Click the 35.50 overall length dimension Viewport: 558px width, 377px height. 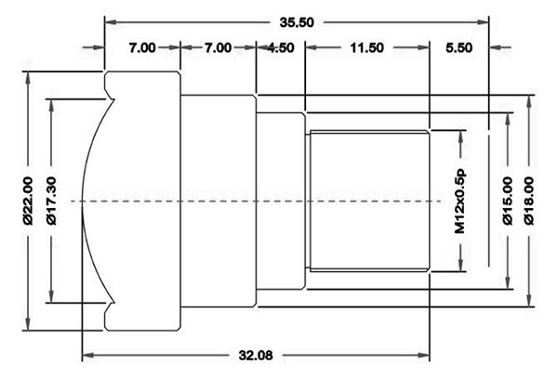click(x=297, y=22)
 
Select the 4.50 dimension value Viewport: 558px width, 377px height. click(x=281, y=47)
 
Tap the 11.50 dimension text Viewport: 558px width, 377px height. click(x=367, y=47)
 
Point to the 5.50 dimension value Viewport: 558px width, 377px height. click(x=459, y=47)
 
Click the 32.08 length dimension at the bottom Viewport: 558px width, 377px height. click(x=256, y=355)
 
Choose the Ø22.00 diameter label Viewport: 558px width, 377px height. click(x=28, y=201)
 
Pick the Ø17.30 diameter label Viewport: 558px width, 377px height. click(x=51, y=201)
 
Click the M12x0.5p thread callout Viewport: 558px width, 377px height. click(x=460, y=201)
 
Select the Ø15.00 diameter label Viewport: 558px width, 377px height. click(x=508, y=201)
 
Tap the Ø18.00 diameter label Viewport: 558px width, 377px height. click(x=529, y=201)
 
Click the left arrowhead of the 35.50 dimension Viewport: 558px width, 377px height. click(x=111, y=22)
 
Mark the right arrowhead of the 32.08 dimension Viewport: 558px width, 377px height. click(x=424, y=355)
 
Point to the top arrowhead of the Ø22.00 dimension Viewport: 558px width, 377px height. click(x=28, y=78)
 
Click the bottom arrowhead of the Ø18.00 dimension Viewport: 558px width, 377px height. click(x=529, y=300)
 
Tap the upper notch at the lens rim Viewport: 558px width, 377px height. click(x=111, y=96)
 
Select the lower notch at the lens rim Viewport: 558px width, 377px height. click(x=111, y=307)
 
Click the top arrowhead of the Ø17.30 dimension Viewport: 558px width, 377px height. click(x=51, y=106)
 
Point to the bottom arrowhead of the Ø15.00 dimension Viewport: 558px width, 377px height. click(x=508, y=283)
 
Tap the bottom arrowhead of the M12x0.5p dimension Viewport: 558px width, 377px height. click(x=460, y=266)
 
